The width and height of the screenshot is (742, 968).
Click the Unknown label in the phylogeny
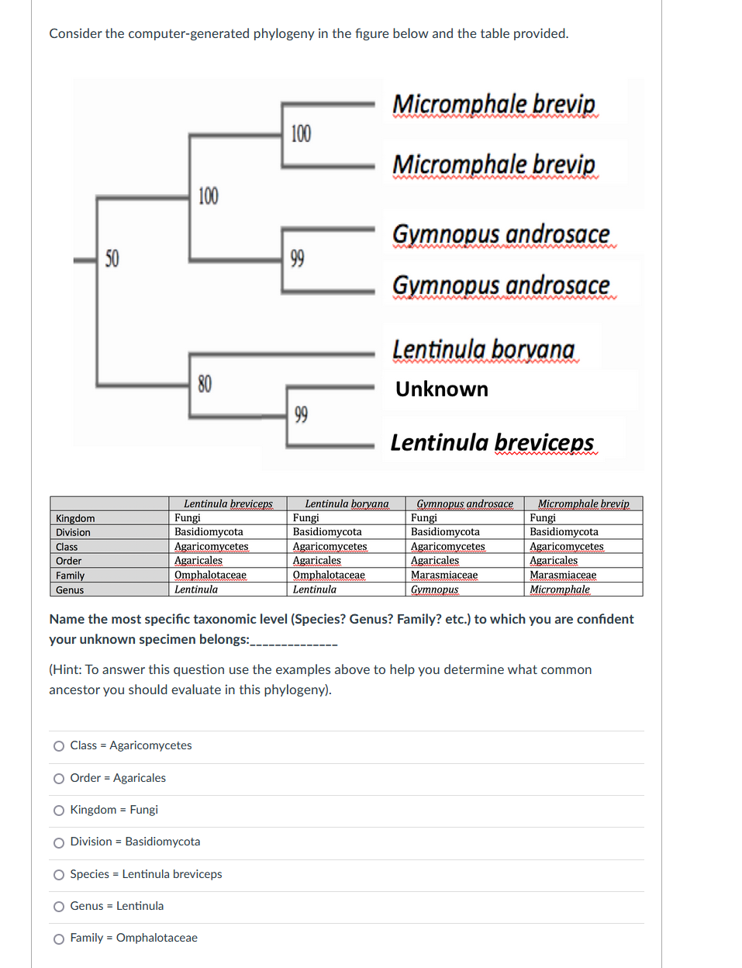[441, 389]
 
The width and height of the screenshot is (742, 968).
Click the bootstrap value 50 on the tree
[112, 258]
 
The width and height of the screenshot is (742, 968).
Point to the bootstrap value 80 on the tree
[205, 384]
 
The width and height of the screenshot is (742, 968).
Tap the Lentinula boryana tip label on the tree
[483, 350]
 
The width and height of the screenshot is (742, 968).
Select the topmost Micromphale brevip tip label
[493, 104]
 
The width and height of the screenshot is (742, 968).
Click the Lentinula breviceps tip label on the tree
[492, 443]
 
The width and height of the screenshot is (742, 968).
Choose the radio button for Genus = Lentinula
[59, 907]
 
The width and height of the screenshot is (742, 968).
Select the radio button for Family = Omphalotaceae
[59, 939]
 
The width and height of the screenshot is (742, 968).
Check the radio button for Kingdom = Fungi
[59, 811]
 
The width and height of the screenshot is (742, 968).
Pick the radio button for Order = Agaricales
[59, 779]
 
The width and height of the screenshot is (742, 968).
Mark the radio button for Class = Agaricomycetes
[59, 746]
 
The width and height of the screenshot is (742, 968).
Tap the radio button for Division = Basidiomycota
[59, 842]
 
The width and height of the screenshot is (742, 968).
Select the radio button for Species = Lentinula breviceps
[59, 875]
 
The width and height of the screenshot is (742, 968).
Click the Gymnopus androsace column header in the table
[464, 504]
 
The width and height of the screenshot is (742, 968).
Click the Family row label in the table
[71, 576]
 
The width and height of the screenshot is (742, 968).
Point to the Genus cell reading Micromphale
[559, 589]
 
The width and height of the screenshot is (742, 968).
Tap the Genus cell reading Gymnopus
[434, 589]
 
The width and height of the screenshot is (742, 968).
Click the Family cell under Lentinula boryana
[329, 576]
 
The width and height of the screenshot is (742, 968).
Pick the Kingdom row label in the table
[75, 518]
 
